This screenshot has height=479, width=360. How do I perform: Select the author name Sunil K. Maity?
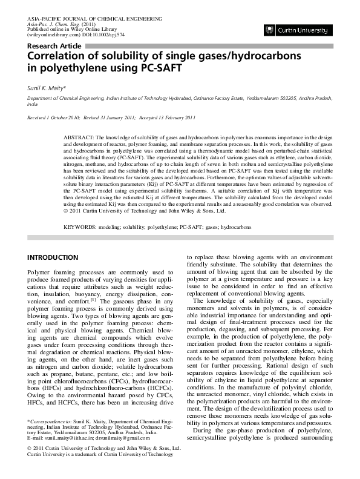click(48, 88)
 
